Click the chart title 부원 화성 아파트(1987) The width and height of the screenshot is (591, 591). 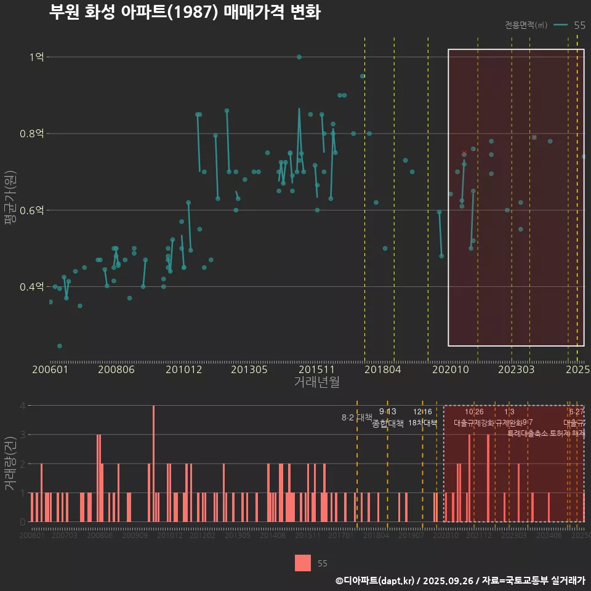185,12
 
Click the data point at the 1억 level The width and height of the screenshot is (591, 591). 299,57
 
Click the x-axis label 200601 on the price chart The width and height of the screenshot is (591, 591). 50,369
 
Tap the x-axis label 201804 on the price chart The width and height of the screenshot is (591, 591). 384,369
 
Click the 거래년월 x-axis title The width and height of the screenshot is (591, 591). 316,382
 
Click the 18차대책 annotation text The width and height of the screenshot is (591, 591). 422,423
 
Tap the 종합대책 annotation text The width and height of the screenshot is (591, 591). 388,423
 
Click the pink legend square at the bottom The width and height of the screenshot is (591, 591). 303,563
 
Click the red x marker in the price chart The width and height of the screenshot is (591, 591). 464,151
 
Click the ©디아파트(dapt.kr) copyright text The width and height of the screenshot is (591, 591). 376,580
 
